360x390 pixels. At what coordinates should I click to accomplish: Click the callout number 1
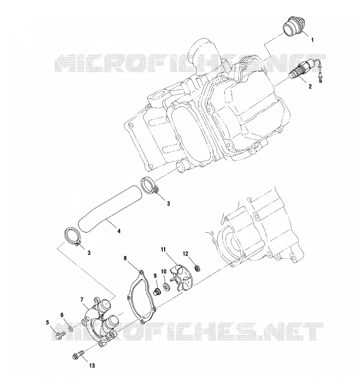313,40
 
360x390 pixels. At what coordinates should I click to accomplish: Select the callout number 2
310,86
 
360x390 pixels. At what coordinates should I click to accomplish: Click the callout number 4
119,231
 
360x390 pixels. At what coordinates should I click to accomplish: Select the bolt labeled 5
59,336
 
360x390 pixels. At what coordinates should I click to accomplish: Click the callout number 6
62,315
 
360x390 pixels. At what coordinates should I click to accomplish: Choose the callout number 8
125,258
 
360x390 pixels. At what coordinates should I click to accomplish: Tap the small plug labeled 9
157,292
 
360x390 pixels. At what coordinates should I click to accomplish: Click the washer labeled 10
166,287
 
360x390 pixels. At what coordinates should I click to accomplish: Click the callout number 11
163,249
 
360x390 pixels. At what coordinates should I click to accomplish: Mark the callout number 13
92,366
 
